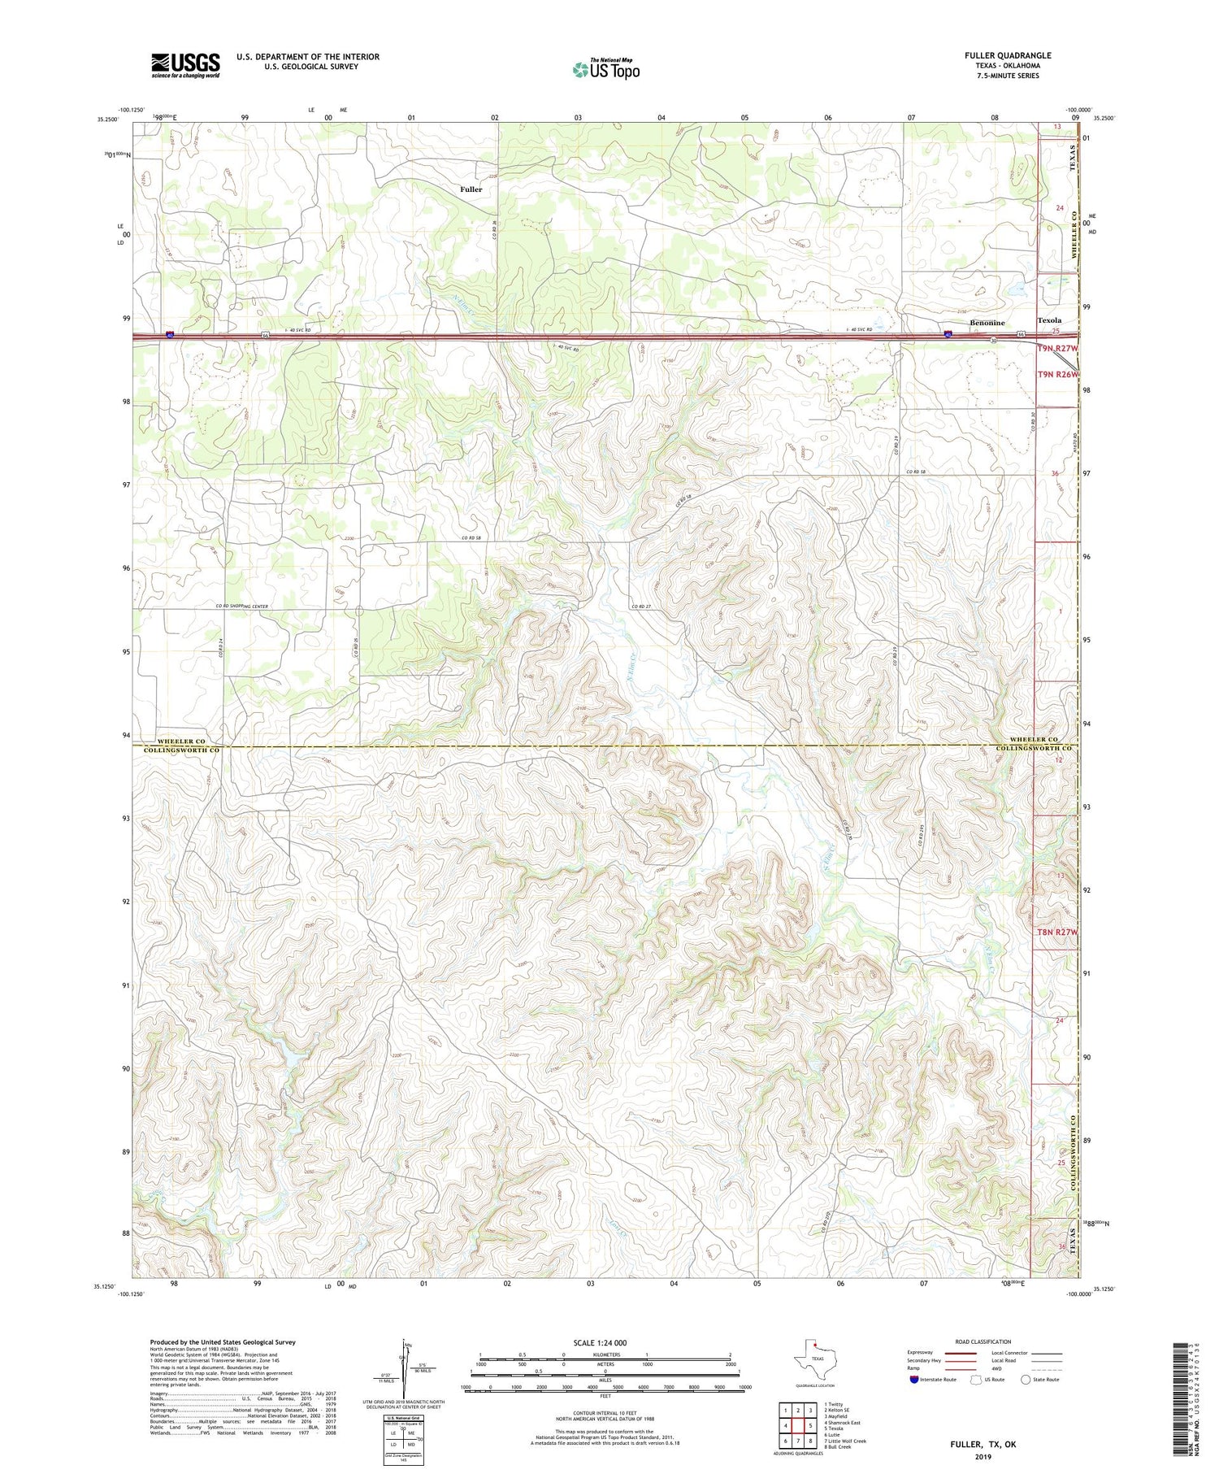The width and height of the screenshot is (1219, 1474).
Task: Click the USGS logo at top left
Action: (185, 65)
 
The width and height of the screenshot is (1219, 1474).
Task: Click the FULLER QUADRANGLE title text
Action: (1008, 55)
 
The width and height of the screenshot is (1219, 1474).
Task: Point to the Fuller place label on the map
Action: (471, 189)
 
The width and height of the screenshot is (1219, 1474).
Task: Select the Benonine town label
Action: (987, 323)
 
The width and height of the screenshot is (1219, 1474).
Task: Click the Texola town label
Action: (1049, 320)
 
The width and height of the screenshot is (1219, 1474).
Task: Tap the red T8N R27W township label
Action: (1056, 933)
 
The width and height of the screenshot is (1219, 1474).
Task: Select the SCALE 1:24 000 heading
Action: (600, 1343)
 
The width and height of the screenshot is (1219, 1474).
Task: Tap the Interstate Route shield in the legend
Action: (914, 1380)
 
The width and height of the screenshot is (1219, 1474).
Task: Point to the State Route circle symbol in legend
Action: (1026, 1380)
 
